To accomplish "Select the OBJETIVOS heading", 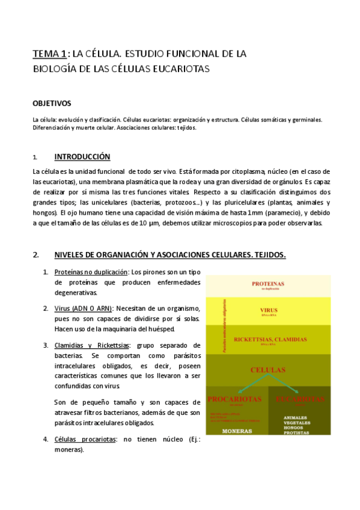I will [x=52, y=103].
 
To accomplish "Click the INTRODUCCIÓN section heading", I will [x=82, y=157].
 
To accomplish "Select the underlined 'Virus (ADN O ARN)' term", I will [x=83, y=309].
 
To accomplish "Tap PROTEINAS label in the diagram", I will [x=268, y=283].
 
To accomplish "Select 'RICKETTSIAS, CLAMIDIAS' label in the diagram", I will [x=268, y=339].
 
